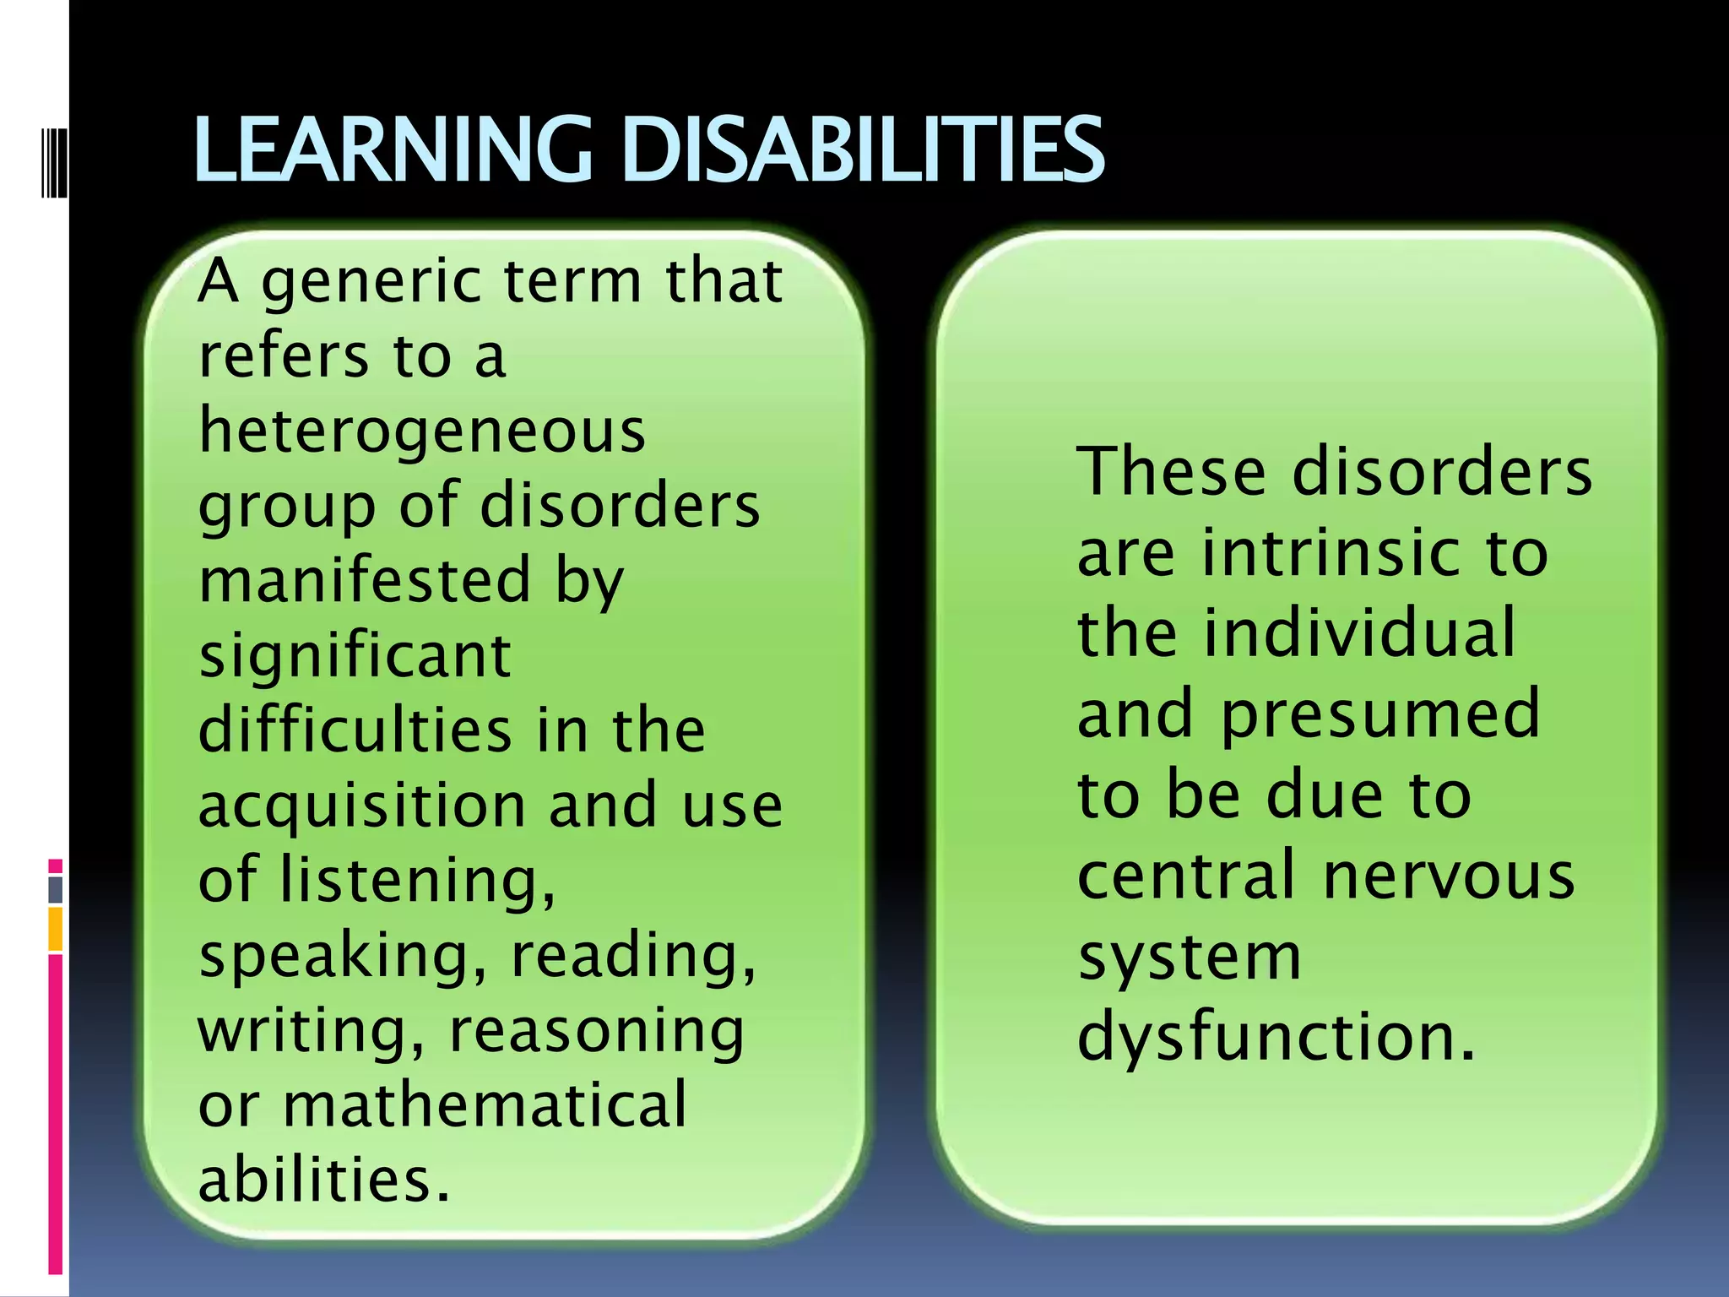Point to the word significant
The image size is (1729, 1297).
pos(355,655)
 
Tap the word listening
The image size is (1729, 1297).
pos(418,880)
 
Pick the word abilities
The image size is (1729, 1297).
pos(324,1180)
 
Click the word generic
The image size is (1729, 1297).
pos(371,283)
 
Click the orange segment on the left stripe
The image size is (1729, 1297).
pos(55,929)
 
